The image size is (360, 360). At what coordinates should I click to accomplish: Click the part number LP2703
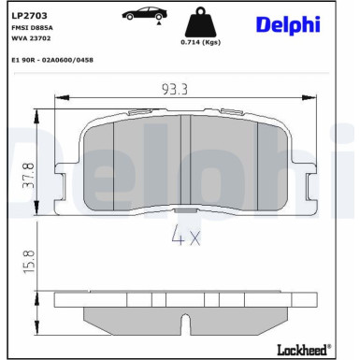coord(29,16)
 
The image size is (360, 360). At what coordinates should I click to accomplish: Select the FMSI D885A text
coord(32,28)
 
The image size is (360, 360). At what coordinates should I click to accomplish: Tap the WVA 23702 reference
coord(31,38)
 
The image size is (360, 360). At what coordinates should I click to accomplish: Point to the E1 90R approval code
coord(52,60)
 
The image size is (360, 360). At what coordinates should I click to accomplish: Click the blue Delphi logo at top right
coord(288,24)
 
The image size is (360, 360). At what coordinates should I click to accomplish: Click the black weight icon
coord(200,22)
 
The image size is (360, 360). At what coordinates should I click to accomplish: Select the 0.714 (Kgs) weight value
coord(201,42)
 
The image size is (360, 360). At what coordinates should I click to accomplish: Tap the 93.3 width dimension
coord(175,90)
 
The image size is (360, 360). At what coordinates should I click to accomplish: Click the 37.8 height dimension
coord(29,176)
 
